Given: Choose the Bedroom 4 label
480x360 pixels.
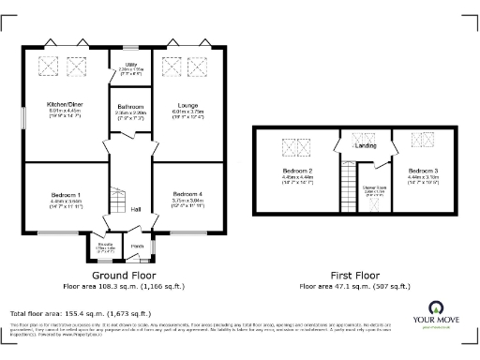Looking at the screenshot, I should pyautogui.click(x=187, y=193).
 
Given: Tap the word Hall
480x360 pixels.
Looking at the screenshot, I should pyautogui.click(x=136, y=209).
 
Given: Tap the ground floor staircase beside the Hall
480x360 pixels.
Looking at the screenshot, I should pyautogui.click(x=118, y=200).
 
